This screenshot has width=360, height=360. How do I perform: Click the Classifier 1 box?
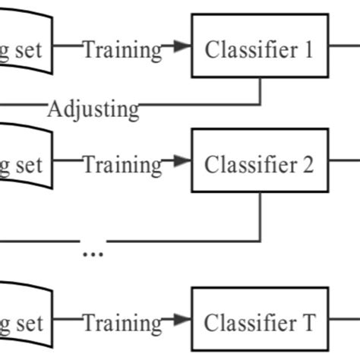(x=259, y=49)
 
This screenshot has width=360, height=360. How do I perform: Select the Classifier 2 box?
(x=259, y=163)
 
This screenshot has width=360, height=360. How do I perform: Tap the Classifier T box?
(x=259, y=323)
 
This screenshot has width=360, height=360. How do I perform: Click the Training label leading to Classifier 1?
(x=122, y=50)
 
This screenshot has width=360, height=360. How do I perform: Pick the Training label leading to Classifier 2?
(x=122, y=164)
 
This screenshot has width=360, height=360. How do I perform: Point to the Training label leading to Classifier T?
(x=122, y=324)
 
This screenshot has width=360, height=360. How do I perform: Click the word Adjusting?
(x=93, y=109)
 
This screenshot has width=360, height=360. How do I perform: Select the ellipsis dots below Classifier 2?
(x=93, y=253)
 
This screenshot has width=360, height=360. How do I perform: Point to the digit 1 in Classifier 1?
(x=307, y=49)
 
